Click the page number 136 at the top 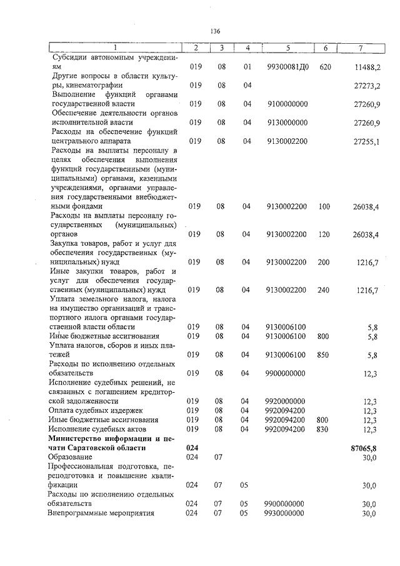216,31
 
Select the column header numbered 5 287,48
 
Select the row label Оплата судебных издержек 92,410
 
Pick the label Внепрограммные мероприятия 101,513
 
